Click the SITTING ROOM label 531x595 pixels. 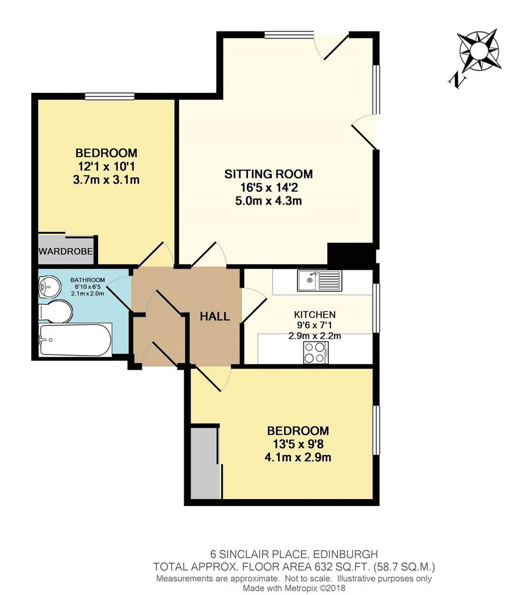point(268,174)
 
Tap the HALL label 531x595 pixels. point(215,317)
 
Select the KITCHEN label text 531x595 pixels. point(315,314)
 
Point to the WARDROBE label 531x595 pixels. point(66,251)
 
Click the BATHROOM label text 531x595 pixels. point(88,280)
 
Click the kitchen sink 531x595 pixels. point(320,281)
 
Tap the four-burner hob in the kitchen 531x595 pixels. point(316,353)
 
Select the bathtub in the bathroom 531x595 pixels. point(75,339)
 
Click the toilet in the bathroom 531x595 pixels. point(56,311)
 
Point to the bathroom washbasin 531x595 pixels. point(49,286)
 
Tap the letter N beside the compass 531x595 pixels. point(458,80)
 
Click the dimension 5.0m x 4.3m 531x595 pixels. point(268,200)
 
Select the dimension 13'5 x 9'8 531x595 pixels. point(298,444)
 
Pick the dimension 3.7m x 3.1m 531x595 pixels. point(106,180)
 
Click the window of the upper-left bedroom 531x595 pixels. point(110,96)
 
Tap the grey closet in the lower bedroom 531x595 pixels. point(205,464)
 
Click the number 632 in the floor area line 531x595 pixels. point(322,567)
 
